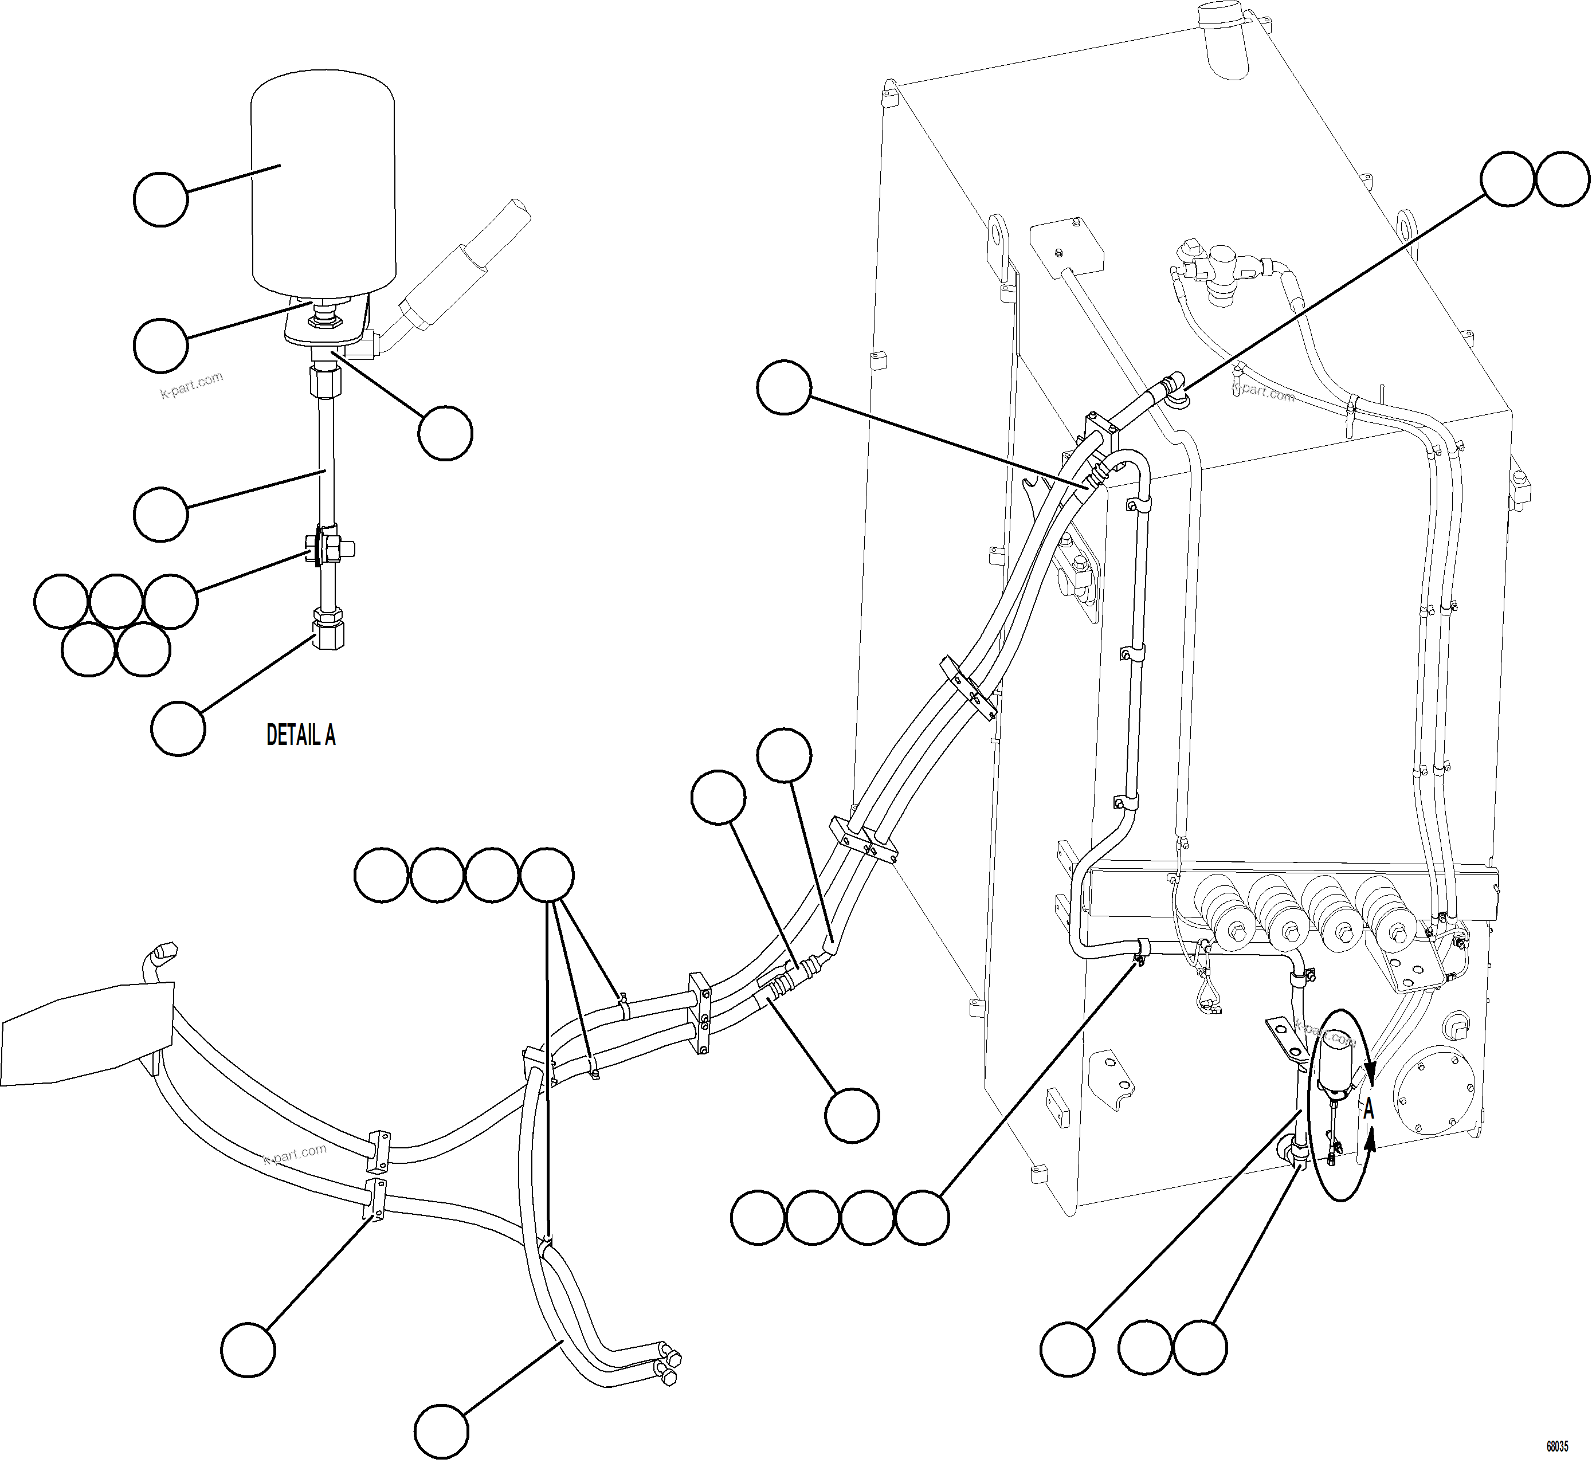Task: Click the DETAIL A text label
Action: [301, 735]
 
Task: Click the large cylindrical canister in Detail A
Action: [323, 182]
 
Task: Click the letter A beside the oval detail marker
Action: [1368, 1110]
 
